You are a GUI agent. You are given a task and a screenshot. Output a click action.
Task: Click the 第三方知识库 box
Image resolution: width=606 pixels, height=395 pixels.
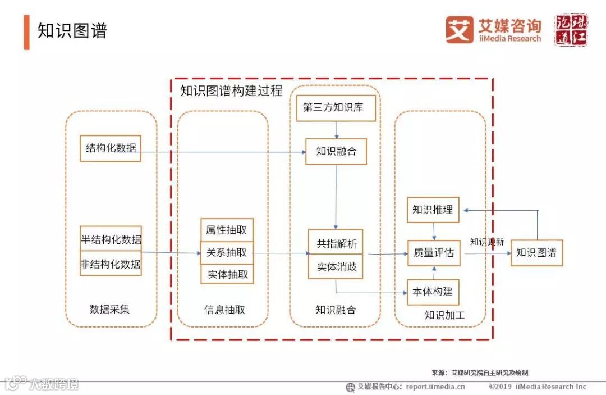tap(336, 108)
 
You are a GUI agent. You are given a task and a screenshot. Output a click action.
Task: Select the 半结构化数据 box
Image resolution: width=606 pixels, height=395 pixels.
tap(111, 239)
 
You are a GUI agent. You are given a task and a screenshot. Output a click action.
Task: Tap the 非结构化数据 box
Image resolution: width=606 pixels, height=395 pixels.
tap(111, 264)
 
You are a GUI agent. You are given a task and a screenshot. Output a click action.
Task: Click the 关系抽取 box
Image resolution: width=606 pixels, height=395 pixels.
tap(227, 253)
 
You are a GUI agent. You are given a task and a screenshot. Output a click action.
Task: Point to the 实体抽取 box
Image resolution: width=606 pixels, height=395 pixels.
tap(227, 274)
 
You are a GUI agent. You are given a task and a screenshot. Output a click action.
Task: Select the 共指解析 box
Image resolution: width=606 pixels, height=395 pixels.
tap(336, 243)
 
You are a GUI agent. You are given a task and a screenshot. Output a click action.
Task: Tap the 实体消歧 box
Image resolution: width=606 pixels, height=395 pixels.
tap(336, 267)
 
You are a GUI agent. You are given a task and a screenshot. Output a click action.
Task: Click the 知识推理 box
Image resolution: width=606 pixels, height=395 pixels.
tap(433, 210)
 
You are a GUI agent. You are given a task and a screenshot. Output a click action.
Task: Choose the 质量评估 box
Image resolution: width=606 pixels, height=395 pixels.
tap(433, 253)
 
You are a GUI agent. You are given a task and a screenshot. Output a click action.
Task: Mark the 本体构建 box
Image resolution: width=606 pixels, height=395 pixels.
tap(433, 292)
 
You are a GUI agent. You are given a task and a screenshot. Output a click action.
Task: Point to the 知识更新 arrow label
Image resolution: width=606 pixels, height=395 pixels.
tap(486, 242)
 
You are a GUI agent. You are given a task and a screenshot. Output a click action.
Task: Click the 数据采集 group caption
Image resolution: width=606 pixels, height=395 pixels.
tap(109, 309)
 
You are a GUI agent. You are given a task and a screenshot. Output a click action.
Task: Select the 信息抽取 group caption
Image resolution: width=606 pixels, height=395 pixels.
tap(224, 310)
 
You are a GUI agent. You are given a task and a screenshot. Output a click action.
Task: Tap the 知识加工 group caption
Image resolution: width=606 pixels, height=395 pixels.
tap(444, 315)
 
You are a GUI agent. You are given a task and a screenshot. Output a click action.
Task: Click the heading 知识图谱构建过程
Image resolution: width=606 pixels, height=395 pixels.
tap(231, 90)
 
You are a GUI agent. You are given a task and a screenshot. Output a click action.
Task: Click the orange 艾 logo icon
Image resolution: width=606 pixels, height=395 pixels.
tap(460, 29)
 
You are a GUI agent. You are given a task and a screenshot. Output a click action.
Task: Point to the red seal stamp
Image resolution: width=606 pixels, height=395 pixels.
tap(571, 30)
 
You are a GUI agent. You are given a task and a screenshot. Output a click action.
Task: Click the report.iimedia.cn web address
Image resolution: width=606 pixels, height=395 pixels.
tap(435, 387)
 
